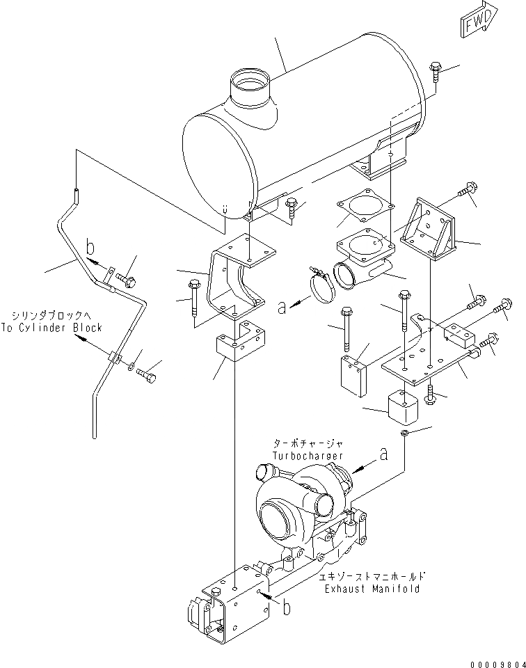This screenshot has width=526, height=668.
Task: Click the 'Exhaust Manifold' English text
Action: (x=372, y=589)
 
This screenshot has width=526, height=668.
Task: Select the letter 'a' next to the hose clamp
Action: (x=282, y=307)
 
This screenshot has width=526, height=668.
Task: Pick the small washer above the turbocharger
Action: (x=405, y=435)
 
